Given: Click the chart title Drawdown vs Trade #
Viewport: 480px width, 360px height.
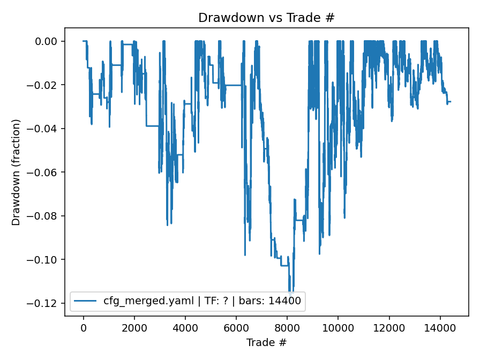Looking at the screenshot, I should point(266,18).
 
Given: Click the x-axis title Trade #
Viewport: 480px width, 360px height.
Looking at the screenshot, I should point(266,342).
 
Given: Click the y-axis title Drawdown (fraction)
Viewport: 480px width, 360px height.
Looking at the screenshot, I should point(16,172).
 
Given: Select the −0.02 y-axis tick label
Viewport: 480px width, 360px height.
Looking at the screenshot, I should point(46,85).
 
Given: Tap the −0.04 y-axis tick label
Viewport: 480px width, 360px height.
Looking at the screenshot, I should point(46,129).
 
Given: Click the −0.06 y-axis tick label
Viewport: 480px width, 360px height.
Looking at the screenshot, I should point(46,172).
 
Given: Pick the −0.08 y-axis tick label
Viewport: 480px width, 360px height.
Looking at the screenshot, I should point(46,216).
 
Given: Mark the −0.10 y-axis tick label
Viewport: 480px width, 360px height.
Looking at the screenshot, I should point(46,260).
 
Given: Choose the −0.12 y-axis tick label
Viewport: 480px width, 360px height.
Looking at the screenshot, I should point(46,303).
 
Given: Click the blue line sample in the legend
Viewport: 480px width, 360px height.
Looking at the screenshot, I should point(86,302).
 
